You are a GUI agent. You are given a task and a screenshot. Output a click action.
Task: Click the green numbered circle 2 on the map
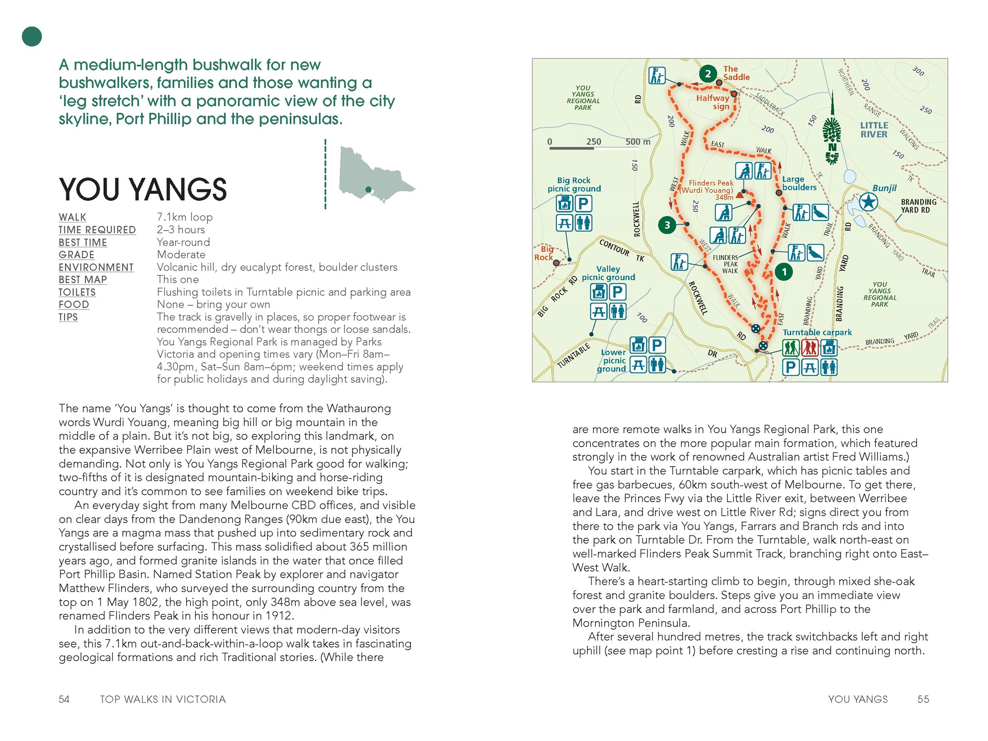tap(708, 74)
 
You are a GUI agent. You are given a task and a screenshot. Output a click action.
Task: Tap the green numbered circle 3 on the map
tap(667, 225)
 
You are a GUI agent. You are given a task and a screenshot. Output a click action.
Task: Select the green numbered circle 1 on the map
tap(784, 272)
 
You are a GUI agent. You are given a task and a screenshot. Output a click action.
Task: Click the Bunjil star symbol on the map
tap(868, 202)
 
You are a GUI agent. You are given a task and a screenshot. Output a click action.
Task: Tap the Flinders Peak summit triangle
tap(740, 195)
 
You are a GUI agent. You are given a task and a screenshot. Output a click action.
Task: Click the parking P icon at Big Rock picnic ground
tap(584, 204)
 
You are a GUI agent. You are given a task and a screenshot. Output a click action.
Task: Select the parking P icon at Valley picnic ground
tap(617, 292)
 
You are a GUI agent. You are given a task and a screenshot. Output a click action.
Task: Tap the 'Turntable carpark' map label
tap(817, 332)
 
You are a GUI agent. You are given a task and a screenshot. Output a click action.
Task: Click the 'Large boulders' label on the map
tap(799, 183)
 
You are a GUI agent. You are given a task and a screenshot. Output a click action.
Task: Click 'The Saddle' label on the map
tap(736, 73)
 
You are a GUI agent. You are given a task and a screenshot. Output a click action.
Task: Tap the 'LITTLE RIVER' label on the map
tap(874, 130)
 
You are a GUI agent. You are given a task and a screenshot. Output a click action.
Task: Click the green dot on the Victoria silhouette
tap(368, 190)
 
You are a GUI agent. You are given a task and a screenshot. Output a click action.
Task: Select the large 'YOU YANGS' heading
tap(142, 190)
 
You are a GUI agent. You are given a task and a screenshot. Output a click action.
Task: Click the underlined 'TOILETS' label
tap(77, 292)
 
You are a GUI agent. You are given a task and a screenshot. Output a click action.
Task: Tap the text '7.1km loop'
tap(185, 217)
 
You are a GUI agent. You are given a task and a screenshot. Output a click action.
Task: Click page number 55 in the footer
tap(923, 699)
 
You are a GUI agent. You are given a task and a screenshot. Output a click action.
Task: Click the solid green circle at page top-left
tap(32, 37)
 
